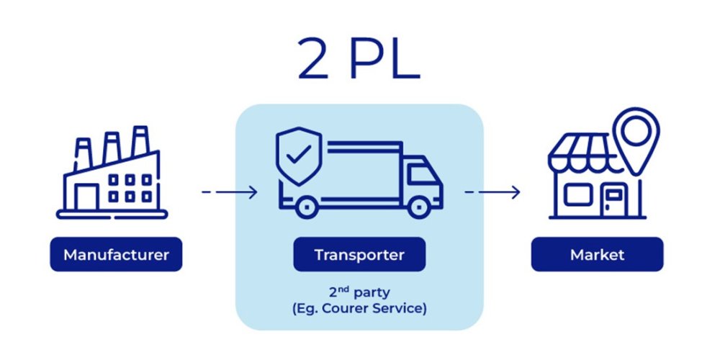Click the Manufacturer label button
pyautogui.click(x=116, y=255)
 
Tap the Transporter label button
pyautogui.click(x=359, y=255)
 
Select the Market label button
pyautogui.click(x=597, y=255)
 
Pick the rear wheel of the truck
pyautogui.click(x=305, y=206)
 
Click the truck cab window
pyautogui.click(x=418, y=173)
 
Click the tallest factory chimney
pyautogui.click(x=140, y=143)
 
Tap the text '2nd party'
pyautogui.click(x=359, y=294)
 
